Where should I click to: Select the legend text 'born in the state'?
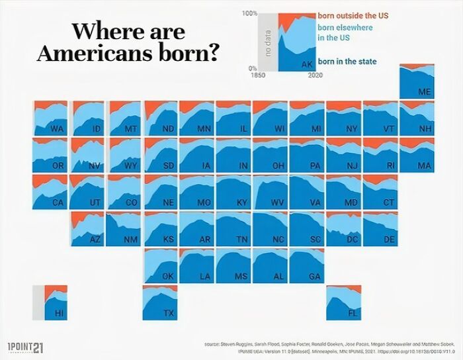[347, 62]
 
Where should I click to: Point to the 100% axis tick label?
[249, 13]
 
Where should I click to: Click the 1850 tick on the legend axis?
[259, 75]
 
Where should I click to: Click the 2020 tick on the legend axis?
[315, 75]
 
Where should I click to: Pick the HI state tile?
[50, 302]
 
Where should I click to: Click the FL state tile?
[343, 302]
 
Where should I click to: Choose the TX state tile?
[160, 302]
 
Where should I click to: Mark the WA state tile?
[50, 118]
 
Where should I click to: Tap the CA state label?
[59, 203]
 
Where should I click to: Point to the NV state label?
[95, 166]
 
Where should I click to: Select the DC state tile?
[343, 228]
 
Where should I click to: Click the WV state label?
[278, 203]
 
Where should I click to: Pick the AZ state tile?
[87, 228]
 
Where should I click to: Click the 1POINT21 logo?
[24, 348]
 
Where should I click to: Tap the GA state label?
[315, 277]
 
